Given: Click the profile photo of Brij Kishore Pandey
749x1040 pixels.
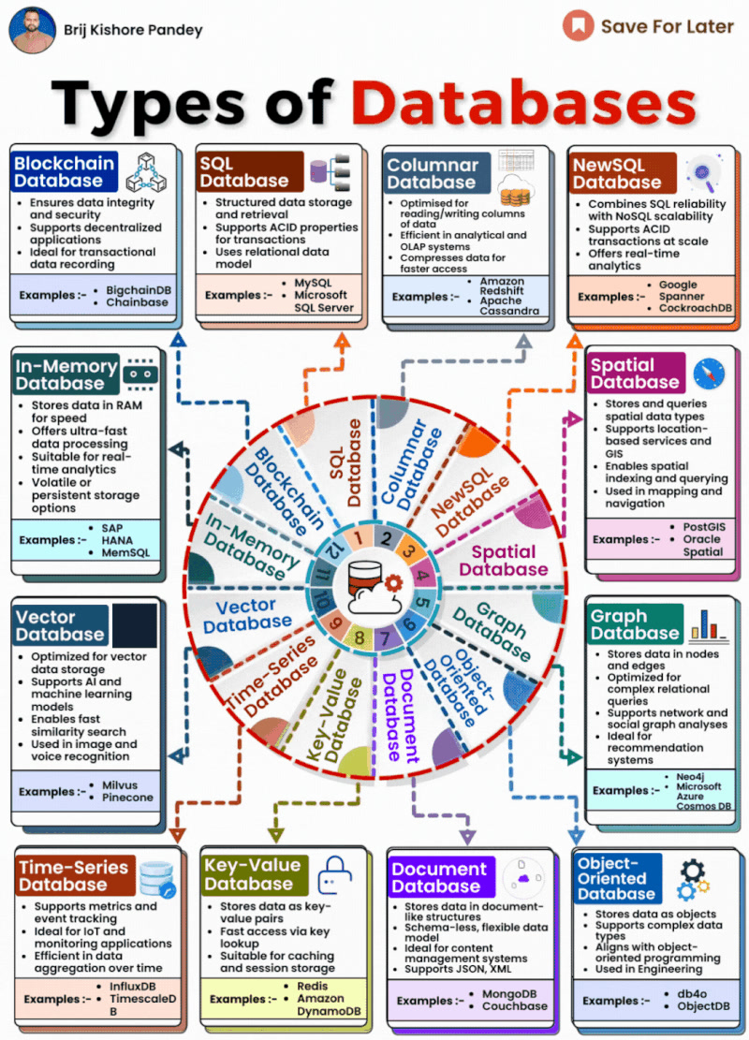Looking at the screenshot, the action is [x=32, y=30].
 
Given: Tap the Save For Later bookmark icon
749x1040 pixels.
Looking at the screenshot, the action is [x=578, y=26].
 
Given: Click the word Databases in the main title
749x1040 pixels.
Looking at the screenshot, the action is [x=523, y=104].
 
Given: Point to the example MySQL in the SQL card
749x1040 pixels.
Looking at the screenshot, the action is [x=313, y=284].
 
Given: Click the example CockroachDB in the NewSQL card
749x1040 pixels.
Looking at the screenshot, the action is [x=696, y=308].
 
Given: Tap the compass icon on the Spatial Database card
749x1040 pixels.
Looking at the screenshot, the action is [x=709, y=374].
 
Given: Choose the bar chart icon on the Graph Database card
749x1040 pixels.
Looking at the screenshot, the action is [x=709, y=624].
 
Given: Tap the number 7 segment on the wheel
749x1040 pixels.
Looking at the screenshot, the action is [x=385, y=638].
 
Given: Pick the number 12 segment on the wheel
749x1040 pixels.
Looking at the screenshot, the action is [x=334, y=549].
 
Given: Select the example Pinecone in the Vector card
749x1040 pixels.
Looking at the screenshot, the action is [x=127, y=798].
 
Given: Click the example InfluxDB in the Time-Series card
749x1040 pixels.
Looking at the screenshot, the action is [x=133, y=987].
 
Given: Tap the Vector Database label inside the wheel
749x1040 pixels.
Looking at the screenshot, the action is [x=247, y=615].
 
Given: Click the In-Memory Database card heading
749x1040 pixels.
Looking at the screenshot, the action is [x=66, y=374].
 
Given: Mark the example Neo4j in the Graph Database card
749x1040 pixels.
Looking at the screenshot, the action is [x=690, y=777].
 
